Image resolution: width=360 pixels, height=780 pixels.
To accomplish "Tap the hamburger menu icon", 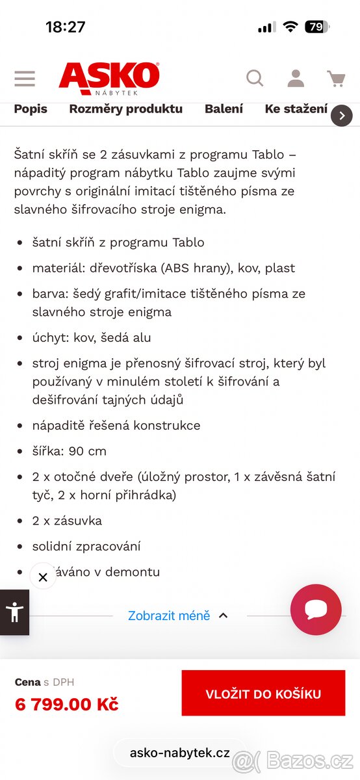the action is tap(25, 79).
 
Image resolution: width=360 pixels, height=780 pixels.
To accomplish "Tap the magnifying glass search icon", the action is tap(255, 79).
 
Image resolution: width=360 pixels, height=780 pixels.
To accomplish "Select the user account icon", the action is tap(296, 79).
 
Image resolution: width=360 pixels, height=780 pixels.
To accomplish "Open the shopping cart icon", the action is tap(336, 79).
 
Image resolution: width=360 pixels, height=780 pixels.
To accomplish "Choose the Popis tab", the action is tap(31, 109).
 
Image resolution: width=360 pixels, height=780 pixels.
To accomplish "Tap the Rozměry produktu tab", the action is tap(126, 109).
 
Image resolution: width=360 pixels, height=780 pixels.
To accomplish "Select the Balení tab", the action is tap(224, 109).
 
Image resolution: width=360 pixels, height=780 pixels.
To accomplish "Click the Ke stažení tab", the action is tap(296, 109).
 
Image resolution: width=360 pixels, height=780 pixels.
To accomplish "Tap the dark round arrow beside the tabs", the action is tap(342, 116).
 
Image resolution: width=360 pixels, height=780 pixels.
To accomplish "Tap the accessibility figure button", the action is tap(14, 612).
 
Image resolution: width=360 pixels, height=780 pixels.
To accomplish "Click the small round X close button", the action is tap(43, 577).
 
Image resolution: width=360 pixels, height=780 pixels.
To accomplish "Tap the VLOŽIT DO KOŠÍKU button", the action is tap(263, 694).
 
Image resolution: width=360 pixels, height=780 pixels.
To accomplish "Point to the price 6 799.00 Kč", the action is tap(66, 704).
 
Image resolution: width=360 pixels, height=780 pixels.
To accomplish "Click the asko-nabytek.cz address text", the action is tap(180, 753).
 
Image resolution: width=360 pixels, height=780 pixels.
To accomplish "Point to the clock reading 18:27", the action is tap(66, 27).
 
